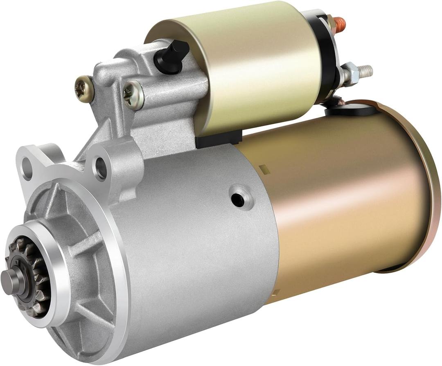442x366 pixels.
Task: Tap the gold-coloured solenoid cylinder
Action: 254,65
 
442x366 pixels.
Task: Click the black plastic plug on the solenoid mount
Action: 172,55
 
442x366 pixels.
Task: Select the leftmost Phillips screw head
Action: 84,88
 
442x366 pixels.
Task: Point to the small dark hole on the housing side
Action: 237,199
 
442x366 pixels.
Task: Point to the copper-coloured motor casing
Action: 344,196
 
